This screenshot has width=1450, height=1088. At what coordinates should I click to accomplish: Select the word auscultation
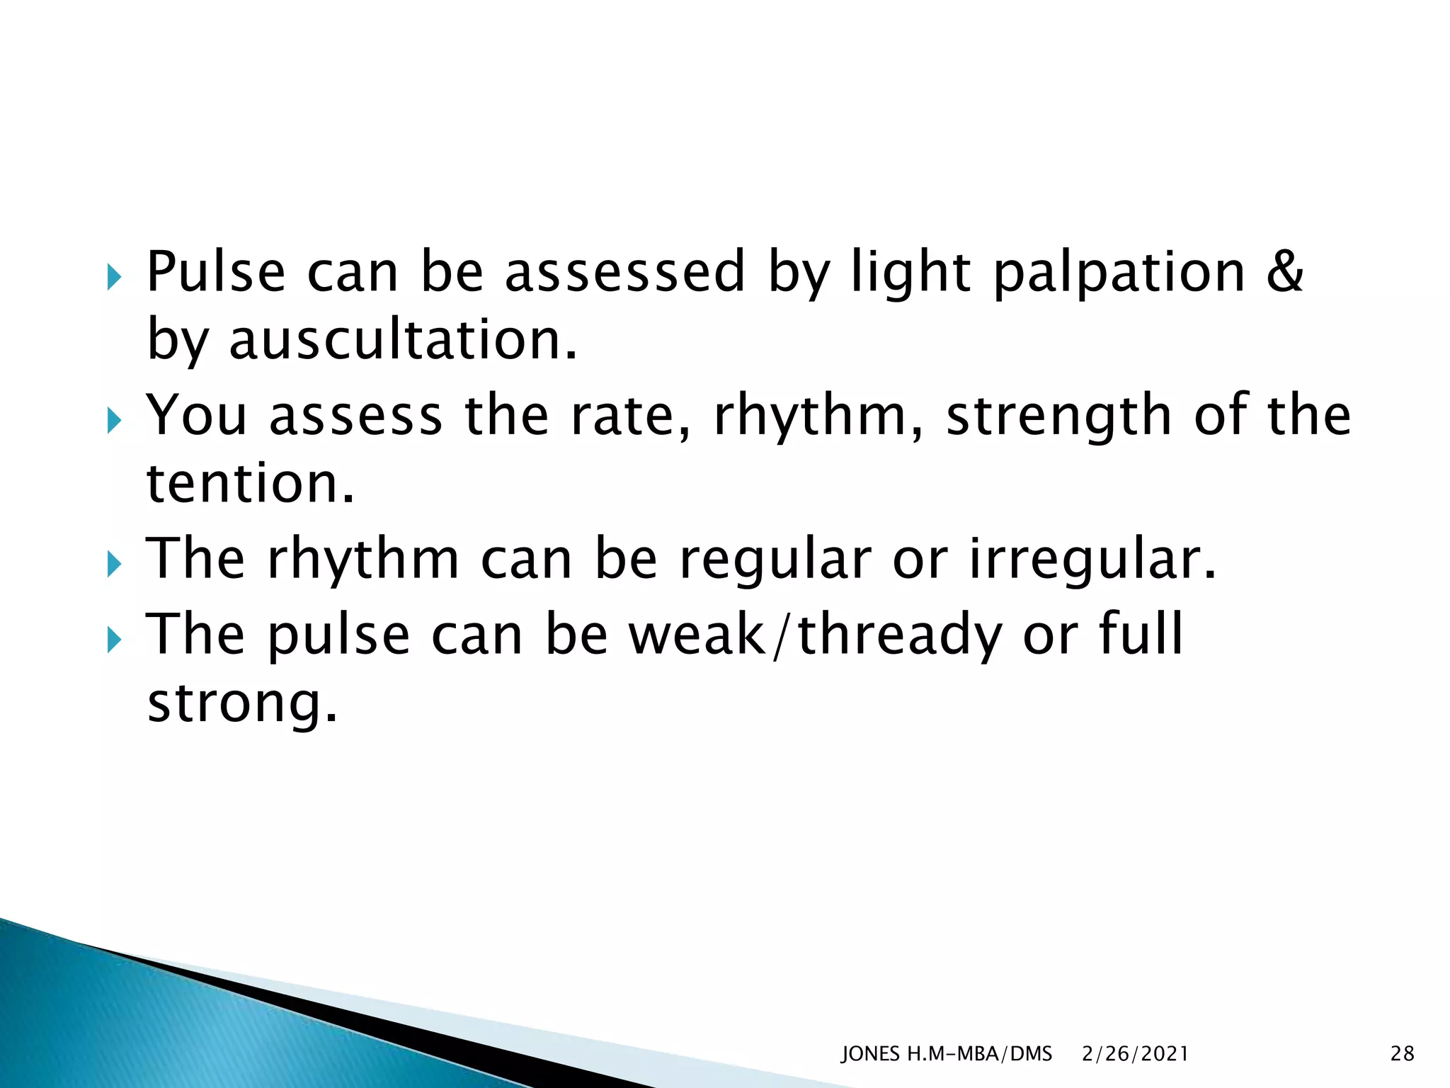click(403, 340)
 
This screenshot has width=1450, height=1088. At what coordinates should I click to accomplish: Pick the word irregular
click(1091, 560)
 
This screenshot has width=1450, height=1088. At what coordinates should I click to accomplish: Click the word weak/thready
click(815, 635)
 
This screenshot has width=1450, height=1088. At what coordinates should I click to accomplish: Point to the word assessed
click(624, 272)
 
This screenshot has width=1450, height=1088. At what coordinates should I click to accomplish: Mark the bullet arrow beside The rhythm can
click(114, 565)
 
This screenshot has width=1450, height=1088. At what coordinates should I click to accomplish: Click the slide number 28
click(1402, 1054)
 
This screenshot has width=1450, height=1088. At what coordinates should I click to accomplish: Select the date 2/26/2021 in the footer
click(1135, 1054)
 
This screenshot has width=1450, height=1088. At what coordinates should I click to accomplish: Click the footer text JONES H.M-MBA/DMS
click(947, 1054)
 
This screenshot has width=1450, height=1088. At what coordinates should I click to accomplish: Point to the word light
click(910, 273)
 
